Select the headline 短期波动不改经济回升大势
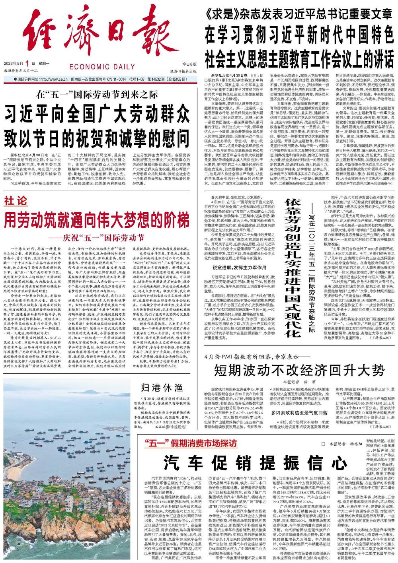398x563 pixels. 299,371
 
